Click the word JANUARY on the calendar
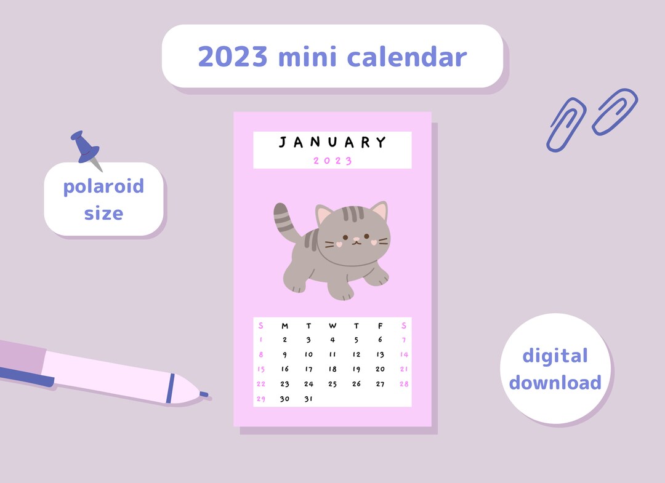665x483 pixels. point(332,143)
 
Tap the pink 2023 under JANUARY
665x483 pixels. point(332,161)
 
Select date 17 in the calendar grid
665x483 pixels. point(308,369)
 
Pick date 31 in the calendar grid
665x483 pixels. point(308,399)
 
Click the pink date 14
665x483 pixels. point(404,354)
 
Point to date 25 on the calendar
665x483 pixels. point(332,384)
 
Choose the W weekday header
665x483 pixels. point(332,326)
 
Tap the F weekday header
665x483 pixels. point(380,326)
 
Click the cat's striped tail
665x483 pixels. point(284,218)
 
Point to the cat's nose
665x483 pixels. point(354,238)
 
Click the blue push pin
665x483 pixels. point(86,148)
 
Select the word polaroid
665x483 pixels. point(103,186)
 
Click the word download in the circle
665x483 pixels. point(555,383)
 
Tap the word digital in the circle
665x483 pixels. point(555,356)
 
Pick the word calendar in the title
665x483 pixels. point(406,57)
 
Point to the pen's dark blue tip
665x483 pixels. point(203,394)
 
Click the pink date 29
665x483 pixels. point(260,399)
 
